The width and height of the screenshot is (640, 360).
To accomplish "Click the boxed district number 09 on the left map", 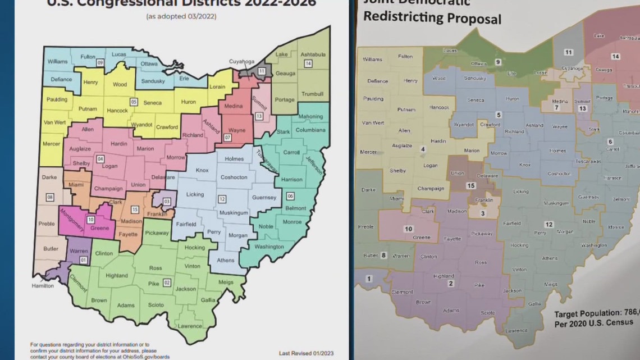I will point(100,63).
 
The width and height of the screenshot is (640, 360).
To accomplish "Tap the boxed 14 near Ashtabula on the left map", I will point(308,63).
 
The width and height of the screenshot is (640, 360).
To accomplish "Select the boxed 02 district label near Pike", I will point(167,282).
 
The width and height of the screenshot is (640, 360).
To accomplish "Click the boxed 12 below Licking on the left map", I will point(222,199).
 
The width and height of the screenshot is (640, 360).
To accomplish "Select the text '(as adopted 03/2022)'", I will point(181,16).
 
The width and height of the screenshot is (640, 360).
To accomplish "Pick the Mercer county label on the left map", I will point(52,144).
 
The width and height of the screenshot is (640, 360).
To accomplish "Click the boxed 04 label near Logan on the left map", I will point(100,159).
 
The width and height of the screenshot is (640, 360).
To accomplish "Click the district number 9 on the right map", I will point(497,62).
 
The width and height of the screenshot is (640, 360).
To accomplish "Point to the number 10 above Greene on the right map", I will point(408,229).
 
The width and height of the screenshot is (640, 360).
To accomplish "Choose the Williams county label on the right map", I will point(372,59).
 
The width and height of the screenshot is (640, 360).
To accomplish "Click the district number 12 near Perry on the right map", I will point(549,224).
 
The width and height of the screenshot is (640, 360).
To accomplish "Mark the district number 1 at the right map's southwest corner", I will point(369,279).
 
